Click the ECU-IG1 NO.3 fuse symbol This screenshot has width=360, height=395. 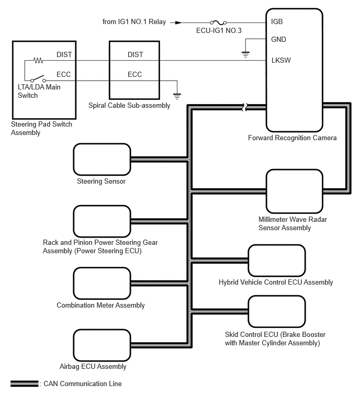[218, 22]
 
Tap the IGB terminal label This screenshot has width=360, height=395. [277, 22]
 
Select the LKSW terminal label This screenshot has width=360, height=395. [281, 60]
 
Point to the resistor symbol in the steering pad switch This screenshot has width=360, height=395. [38, 60]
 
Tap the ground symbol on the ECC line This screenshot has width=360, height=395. [177, 96]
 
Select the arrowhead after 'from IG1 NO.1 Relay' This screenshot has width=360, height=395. [178, 22]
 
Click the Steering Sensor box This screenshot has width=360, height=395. [102, 159]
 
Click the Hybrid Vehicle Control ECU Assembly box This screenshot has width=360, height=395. [276, 260]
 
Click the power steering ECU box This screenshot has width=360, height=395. [102, 221]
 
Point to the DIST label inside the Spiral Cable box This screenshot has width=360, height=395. [135, 54]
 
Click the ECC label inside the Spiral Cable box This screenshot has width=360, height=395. [135, 74]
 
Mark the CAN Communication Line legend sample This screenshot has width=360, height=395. [24, 383]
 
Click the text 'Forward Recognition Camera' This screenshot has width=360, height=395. [292, 138]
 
